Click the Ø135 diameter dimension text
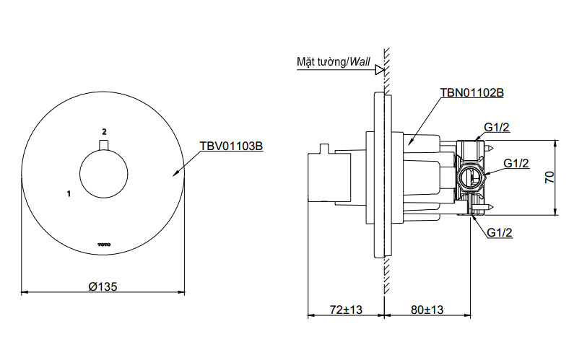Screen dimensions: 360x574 pos(103,286)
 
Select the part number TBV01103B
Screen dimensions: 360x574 pos(231,146)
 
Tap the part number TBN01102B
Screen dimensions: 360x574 pos(471,93)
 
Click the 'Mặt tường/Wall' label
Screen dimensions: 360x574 pos(333,62)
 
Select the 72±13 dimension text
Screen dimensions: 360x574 pos(345,309)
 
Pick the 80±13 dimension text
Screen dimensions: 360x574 pos(427,309)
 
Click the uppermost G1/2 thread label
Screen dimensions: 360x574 pos(497,127)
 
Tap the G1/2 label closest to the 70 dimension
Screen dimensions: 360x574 pos(516,163)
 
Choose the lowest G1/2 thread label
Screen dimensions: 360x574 pos(500,232)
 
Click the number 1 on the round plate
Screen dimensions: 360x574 pos(68,194)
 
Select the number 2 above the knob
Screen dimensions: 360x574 pos(104,131)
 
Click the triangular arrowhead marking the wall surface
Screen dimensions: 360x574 pos(378,71)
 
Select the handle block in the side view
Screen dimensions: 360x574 pos(318,177)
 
